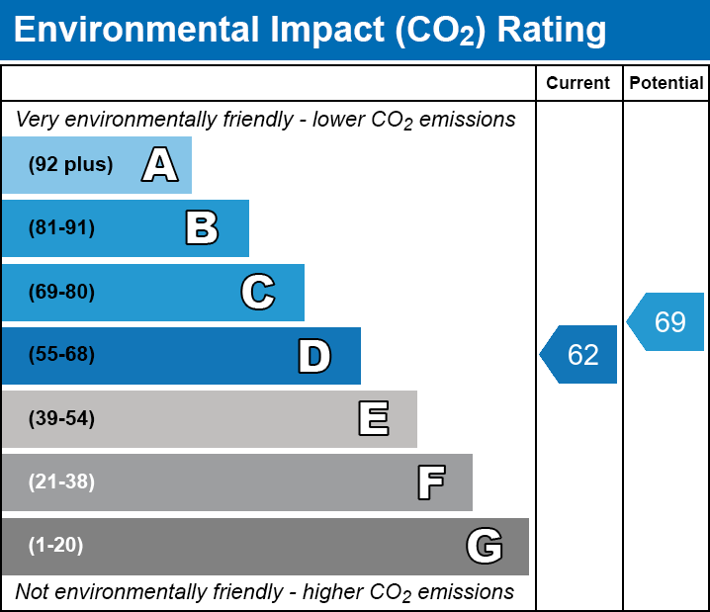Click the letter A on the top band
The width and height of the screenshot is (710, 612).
(159, 165)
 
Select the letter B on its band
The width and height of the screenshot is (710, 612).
(202, 228)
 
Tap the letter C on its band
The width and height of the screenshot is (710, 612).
(257, 292)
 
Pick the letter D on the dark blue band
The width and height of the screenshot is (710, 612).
(314, 356)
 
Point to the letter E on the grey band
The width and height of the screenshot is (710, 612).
(373, 419)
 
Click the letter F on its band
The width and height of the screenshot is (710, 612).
(430, 482)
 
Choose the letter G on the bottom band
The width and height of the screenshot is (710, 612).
(485, 546)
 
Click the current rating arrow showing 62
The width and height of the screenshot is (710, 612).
(579, 354)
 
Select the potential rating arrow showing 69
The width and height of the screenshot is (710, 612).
(667, 322)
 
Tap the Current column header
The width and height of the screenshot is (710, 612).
(578, 84)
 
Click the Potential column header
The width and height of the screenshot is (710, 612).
(666, 84)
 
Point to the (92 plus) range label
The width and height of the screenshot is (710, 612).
(70, 165)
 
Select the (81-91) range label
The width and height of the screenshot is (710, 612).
(61, 228)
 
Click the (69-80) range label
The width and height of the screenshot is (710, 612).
(61, 292)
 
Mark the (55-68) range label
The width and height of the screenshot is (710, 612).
(61, 355)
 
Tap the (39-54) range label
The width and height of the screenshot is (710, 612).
(61, 419)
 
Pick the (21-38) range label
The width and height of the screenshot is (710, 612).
(61, 482)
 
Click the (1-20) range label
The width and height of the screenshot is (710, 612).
(56, 546)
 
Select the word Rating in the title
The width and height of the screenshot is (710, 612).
(551, 30)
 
